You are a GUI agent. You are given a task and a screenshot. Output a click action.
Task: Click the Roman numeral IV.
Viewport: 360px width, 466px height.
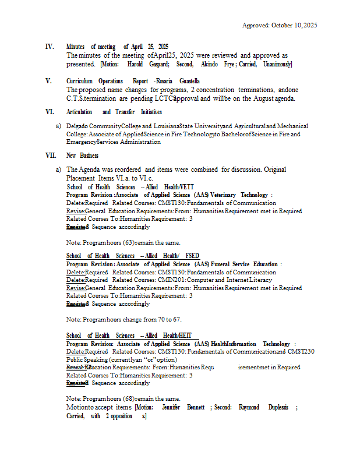click(50, 47)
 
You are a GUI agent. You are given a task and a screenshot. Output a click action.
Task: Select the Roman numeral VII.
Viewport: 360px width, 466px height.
click(51, 156)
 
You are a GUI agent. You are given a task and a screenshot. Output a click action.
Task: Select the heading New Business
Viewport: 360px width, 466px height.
click(82, 156)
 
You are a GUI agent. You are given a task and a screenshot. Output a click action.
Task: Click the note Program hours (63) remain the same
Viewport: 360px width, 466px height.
click(123, 242)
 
